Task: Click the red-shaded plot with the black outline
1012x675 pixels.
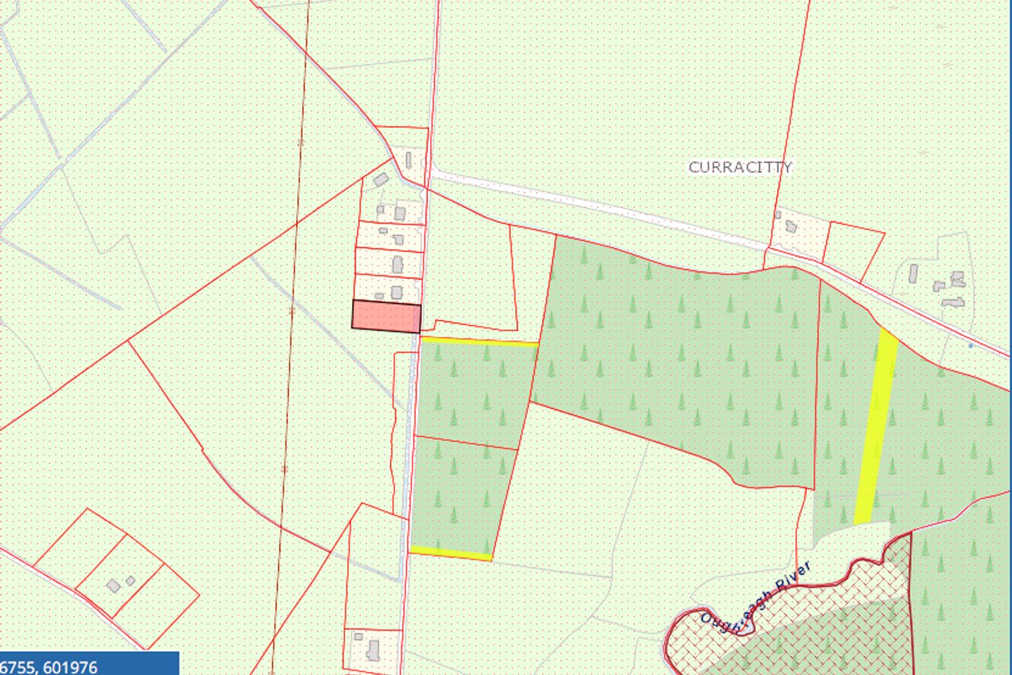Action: click(386, 316)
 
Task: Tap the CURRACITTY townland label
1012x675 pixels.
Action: click(740, 167)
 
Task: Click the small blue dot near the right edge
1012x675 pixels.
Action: click(971, 345)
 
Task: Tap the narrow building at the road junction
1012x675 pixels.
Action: click(408, 161)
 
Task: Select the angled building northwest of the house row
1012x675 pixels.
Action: click(381, 180)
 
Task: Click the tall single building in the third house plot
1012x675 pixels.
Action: click(398, 265)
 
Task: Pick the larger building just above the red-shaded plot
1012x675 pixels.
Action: click(396, 292)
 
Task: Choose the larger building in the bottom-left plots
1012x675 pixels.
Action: click(113, 586)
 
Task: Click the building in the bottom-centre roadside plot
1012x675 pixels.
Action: click(374, 648)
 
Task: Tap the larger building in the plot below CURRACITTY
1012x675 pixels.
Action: click(791, 227)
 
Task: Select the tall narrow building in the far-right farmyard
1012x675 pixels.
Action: click(913, 273)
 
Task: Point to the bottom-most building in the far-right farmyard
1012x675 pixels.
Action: click(953, 302)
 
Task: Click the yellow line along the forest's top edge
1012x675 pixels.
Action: click(479, 342)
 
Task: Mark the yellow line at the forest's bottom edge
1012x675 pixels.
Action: click(450, 553)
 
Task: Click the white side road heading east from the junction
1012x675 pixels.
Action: click(597, 203)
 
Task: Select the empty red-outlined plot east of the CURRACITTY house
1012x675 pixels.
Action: click(852, 245)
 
